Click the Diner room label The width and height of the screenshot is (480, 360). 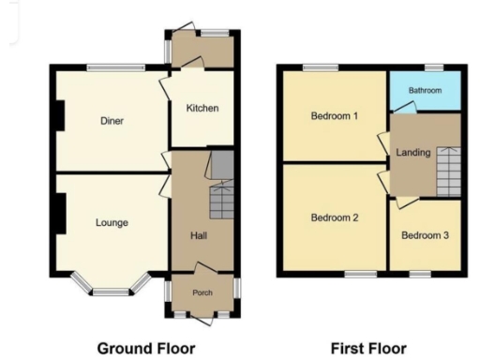(112, 120)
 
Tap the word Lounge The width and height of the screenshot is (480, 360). (112, 222)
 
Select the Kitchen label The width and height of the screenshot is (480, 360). (202, 108)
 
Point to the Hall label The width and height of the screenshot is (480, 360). (199, 235)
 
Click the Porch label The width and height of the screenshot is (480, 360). (202, 292)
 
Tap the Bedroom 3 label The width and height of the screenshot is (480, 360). (425, 235)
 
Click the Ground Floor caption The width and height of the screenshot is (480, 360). (146, 349)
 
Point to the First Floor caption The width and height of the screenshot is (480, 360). (368, 349)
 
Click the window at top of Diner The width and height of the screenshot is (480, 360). (115, 66)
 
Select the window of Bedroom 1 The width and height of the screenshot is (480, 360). (321, 66)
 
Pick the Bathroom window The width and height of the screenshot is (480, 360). (433, 66)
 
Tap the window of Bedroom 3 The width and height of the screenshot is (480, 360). (418, 274)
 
